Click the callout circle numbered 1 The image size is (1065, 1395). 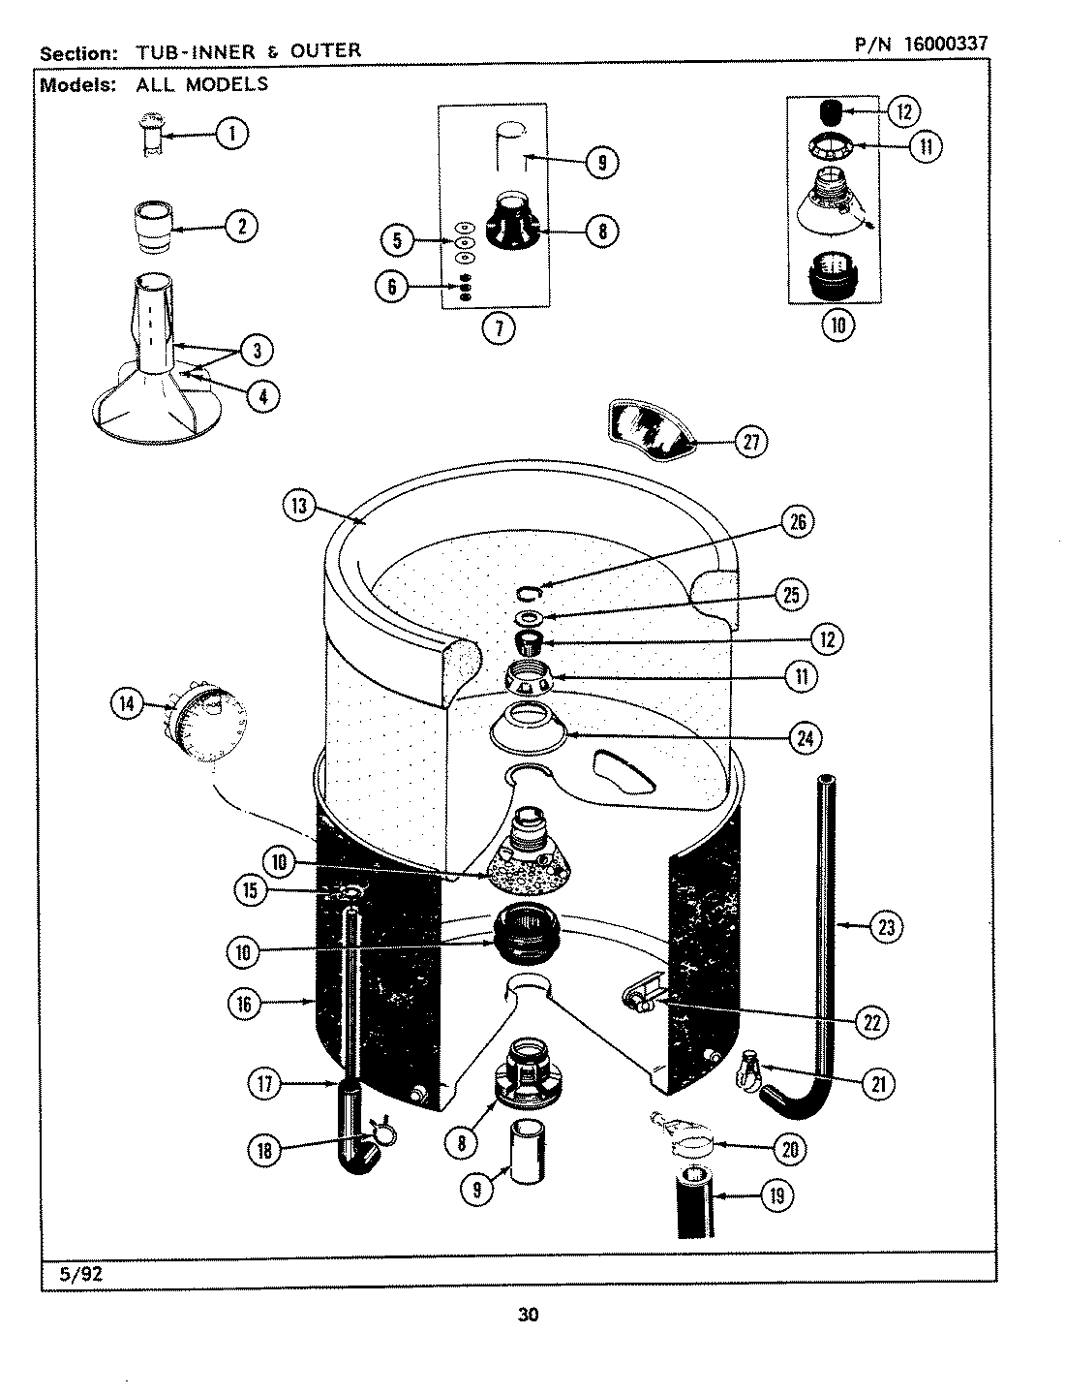pyautogui.click(x=231, y=133)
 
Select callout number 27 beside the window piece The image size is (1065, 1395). pyautogui.click(x=750, y=442)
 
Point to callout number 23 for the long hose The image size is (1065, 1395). pyautogui.click(x=884, y=927)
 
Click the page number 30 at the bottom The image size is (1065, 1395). pyautogui.click(x=528, y=1315)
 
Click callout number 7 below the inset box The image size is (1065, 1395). pyautogui.click(x=498, y=327)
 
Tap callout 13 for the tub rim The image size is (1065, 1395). pyautogui.click(x=300, y=505)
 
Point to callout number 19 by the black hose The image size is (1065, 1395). pyautogui.click(x=776, y=1196)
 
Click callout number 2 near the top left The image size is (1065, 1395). pyautogui.click(x=241, y=227)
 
